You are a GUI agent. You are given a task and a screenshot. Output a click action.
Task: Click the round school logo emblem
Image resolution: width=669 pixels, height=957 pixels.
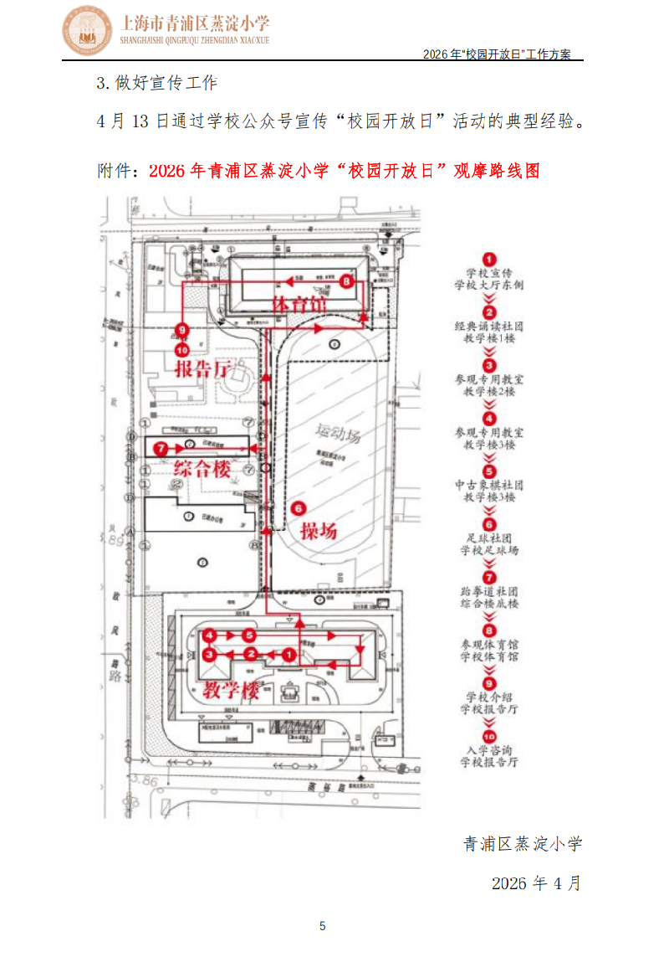click(x=89, y=30)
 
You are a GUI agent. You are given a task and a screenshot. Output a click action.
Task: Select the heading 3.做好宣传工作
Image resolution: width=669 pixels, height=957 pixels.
click(x=157, y=84)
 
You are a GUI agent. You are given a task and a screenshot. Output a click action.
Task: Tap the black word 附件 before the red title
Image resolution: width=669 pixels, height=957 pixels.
click(x=115, y=171)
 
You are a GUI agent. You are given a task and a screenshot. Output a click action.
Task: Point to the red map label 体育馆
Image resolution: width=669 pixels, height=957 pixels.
click(x=299, y=305)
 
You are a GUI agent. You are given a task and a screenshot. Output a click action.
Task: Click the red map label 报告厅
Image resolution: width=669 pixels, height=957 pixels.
click(x=204, y=368)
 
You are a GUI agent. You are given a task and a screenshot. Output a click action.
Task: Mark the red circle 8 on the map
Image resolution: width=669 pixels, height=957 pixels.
click(x=347, y=283)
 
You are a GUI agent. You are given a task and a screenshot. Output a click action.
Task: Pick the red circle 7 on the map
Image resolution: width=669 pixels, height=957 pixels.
click(x=161, y=450)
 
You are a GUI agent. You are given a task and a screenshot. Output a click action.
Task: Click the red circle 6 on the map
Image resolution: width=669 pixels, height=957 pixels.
click(x=299, y=507)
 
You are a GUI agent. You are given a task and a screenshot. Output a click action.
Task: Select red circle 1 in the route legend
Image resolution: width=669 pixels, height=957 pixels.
click(x=490, y=260)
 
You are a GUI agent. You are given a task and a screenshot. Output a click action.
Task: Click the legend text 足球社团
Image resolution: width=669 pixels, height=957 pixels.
click(x=489, y=538)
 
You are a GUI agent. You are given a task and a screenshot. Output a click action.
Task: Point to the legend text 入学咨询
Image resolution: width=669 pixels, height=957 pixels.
click(x=489, y=750)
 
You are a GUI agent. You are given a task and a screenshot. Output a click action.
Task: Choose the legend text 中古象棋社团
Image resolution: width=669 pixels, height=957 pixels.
click(x=489, y=485)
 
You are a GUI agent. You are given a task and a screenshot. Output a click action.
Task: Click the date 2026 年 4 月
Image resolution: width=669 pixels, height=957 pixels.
click(x=535, y=884)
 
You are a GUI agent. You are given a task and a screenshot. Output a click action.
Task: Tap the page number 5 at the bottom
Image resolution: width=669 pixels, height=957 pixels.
click(x=323, y=925)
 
